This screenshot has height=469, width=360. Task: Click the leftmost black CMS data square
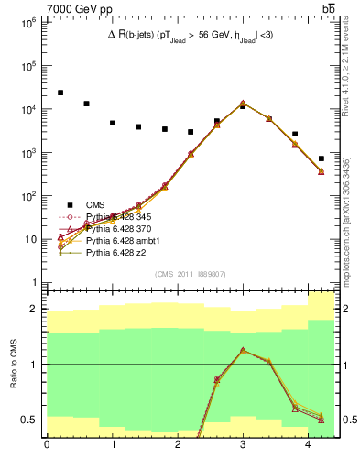[x=60, y=93]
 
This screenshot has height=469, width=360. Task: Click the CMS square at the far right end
[x=322, y=158]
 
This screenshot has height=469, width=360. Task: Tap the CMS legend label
[x=95, y=204]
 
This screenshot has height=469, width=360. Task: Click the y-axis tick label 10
[x=30, y=239]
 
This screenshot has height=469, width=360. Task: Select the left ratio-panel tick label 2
[x=35, y=309]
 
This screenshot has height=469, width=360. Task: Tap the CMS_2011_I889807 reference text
[x=191, y=274]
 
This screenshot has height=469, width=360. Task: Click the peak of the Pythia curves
[x=243, y=104]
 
